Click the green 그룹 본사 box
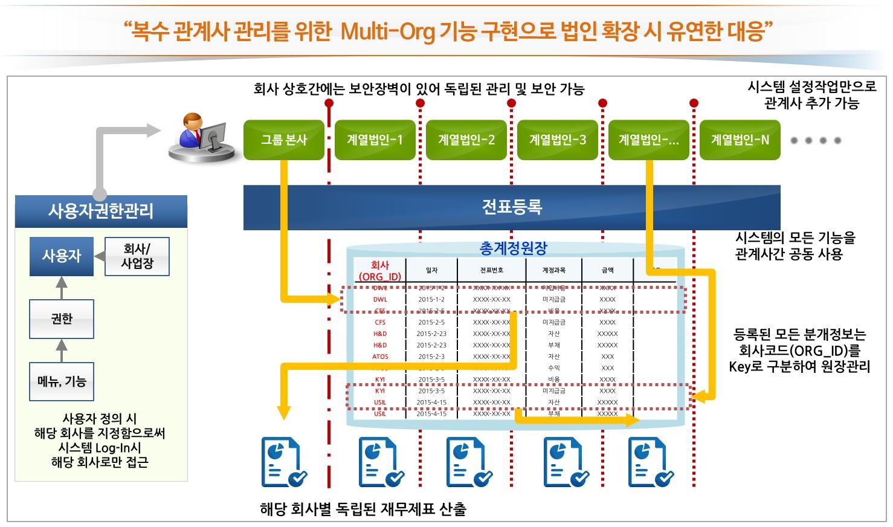pos(283,140)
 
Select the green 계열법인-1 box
pos(375,140)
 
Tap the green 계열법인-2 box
pos(466,140)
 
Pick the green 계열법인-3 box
pos(557,140)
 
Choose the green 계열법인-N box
pos(740,140)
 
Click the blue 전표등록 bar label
pos(512,207)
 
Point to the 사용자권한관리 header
pos(101,211)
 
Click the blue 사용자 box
pos(62,256)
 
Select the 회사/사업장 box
pos(137,256)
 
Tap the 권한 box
pos(62,318)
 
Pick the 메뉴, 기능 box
pos(62,381)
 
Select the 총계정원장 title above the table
pos(513,248)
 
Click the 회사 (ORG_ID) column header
pos(380,271)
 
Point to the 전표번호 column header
pos(491,271)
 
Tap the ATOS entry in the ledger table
pos(380,357)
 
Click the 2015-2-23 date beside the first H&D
pos(431,334)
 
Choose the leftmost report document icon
pos(283,462)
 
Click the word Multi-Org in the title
pos(387,31)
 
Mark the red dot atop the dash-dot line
pos(329,103)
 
